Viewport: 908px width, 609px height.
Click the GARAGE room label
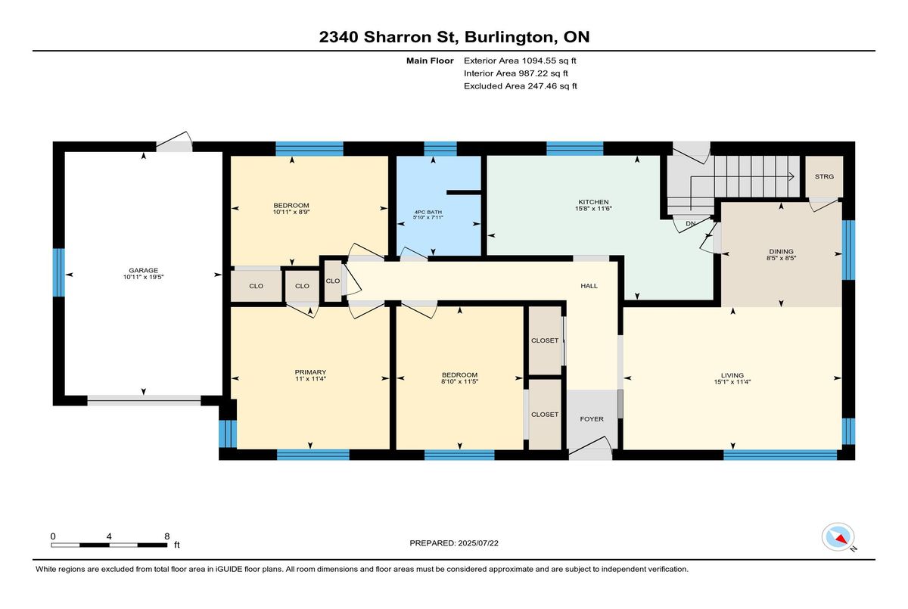(x=143, y=270)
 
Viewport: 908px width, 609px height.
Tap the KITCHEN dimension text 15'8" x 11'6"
(x=593, y=209)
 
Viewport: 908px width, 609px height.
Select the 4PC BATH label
(x=428, y=212)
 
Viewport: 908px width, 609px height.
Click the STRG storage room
(x=824, y=177)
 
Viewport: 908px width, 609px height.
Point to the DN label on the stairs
(x=691, y=224)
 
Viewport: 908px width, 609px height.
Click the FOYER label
(x=592, y=419)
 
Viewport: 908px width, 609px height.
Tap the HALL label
(x=589, y=286)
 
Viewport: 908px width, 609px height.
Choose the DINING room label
(x=781, y=251)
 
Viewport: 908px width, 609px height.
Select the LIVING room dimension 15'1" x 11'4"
(x=732, y=382)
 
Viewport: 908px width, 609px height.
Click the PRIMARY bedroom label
(x=310, y=372)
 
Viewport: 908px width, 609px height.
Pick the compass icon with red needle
(x=838, y=537)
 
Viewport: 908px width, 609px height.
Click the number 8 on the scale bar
(x=167, y=536)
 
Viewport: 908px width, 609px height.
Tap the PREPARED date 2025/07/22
(x=478, y=543)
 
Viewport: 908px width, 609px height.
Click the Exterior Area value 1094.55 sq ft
(x=549, y=61)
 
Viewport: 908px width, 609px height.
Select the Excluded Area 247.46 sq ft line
(x=521, y=86)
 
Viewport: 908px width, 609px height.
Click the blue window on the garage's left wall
(x=59, y=272)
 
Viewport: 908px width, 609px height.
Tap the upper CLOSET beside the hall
(x=545, y=340)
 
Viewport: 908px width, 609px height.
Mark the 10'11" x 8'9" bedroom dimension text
(x=291, y=212)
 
